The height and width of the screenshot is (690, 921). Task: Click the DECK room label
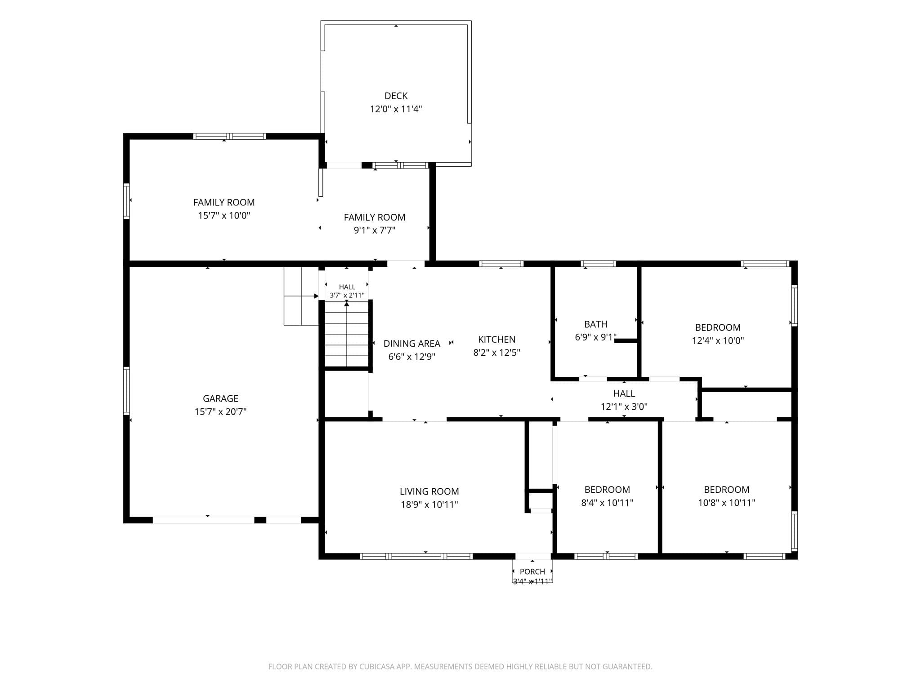click(396, 96)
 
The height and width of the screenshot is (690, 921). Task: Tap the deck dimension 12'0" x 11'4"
click(396, 109)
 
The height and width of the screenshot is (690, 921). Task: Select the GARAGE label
click(220, 398)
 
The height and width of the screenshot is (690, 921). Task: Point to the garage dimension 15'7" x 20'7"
click(220, 411)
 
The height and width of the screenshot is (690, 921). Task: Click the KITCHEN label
click(496, 340)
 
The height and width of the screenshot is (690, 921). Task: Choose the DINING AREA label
click(411, 344)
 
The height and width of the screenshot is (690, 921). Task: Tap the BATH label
click(595, 324)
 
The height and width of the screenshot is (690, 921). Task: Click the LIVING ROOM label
click(429, 491)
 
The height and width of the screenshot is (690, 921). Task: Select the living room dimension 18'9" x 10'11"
click(429, 504)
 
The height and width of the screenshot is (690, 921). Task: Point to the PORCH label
click(532, 571)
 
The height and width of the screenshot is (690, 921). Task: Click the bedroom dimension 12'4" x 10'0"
click(718, 341)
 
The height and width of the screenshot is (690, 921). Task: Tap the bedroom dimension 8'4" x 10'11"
click(607, 503)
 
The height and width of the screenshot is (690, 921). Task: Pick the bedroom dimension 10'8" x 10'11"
click(726, 503)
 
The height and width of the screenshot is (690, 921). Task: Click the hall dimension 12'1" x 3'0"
click(624, 407)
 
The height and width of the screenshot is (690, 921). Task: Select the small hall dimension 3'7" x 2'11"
click(347, 295)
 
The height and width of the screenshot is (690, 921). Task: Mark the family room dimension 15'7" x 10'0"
click(224, 215)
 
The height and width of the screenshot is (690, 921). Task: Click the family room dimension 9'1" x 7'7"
click(374, 230)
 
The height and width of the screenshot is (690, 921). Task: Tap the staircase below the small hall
click(347, 334)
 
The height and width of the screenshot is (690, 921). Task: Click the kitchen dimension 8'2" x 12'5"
click(496, 353)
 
